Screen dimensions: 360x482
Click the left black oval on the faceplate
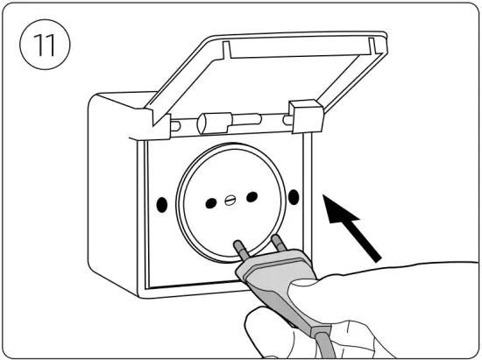click(x=162, y=204)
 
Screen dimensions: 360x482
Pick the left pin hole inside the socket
click(x=211, y=203)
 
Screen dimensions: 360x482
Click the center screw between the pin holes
click(x=231, y=199)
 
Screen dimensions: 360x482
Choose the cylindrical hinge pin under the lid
click(x=217, y=122)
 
